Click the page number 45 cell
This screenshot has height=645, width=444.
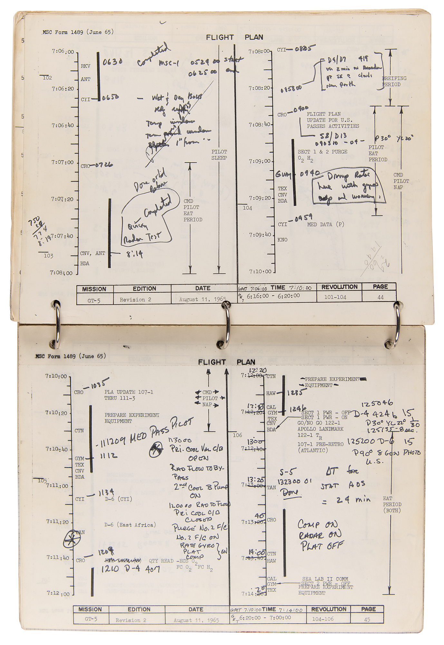point(367,620)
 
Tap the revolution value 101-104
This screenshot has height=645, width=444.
point(335,297)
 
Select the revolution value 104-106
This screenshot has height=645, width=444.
point(323,619)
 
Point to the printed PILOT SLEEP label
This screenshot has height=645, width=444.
point(219,155)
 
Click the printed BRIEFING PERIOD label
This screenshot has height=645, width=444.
point(394,81)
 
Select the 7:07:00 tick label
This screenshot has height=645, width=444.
point(63,162)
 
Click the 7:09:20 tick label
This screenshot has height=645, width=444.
point(260,198)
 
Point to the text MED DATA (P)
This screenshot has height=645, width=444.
point(325,224)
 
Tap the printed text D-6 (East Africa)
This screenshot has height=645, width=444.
point(130,525)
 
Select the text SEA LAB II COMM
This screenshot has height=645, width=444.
point(325,579)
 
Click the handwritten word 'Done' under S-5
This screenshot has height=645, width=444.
point(290,492)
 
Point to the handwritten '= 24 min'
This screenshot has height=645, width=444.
point(346,500)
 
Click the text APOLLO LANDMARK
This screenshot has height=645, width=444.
point(320,429)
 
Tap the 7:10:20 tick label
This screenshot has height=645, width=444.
point(56,412)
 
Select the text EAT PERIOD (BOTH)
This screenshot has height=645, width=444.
point(392,504)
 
